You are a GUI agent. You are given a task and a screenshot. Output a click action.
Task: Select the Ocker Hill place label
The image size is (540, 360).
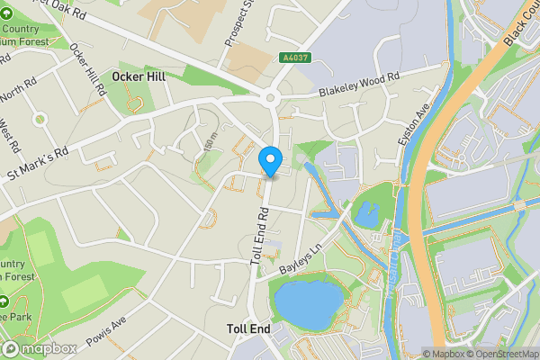click(x=140, y=76)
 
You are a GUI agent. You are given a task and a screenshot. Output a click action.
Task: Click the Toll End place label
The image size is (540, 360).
click(x=248, y=330)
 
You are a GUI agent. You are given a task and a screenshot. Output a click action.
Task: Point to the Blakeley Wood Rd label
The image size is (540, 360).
click(x=358, y=86)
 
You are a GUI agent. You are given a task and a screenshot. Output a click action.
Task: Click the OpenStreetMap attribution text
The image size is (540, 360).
click(x=499, y=354)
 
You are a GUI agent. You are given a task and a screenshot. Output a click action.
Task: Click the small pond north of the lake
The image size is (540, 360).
click(x=367, y=214)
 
